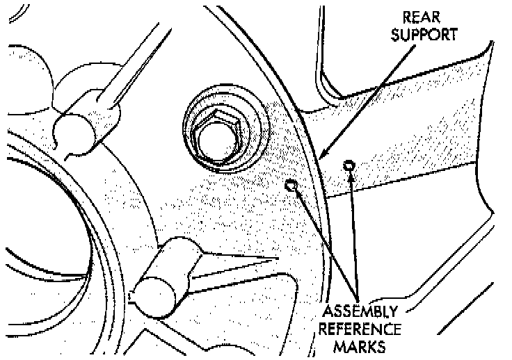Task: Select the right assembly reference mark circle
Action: (349, 165)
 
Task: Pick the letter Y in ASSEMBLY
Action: (393, 311)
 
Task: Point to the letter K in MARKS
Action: (375, 344)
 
